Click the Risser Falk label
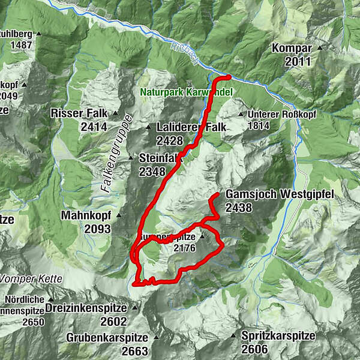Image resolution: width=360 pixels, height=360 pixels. click(79, 113)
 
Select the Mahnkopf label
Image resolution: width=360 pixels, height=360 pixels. click(86, 214)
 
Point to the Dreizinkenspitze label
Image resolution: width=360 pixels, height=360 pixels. click(89, 308)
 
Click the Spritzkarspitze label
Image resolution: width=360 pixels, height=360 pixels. click(278, 336)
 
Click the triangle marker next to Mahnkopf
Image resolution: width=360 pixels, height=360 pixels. click(119, 214)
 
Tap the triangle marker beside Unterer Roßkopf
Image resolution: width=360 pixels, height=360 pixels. click(241, 114)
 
